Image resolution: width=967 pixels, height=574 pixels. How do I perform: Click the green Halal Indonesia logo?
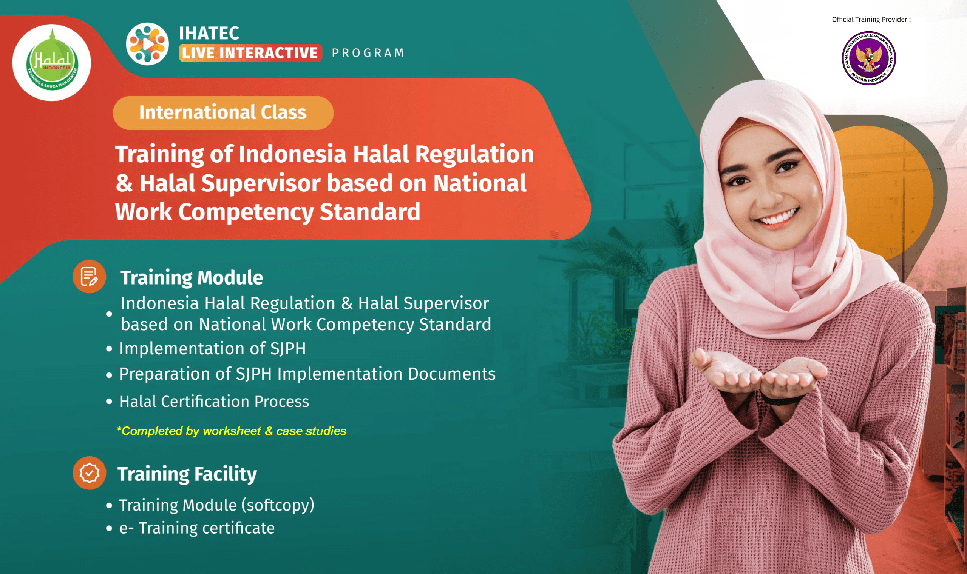click(x=52, y=63)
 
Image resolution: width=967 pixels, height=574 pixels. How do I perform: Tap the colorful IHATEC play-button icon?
click(x=147, y=44)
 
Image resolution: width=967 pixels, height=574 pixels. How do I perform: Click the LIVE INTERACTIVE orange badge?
click(x=250, y=53)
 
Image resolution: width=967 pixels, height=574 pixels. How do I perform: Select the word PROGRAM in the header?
click(x=368, y=53)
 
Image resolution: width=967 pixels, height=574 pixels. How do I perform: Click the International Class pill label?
click(x=223, y=112)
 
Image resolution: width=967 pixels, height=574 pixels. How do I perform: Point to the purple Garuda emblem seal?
click(x=869, y=58)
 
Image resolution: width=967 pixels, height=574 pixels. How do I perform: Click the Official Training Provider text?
click(x=871, y=19)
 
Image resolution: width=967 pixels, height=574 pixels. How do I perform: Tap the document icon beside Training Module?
click(x=89, y=277)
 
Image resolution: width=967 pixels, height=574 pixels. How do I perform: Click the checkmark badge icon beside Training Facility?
click(x=89, y=473)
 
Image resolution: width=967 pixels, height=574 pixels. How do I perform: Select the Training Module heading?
click(x=192, y=278)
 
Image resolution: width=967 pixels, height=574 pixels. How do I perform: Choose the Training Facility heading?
click(x=187, y=474)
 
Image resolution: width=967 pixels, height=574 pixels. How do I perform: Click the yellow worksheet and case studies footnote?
click(x=232, y=431)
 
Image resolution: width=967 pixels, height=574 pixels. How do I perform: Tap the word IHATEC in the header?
click(x=209, y=33)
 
